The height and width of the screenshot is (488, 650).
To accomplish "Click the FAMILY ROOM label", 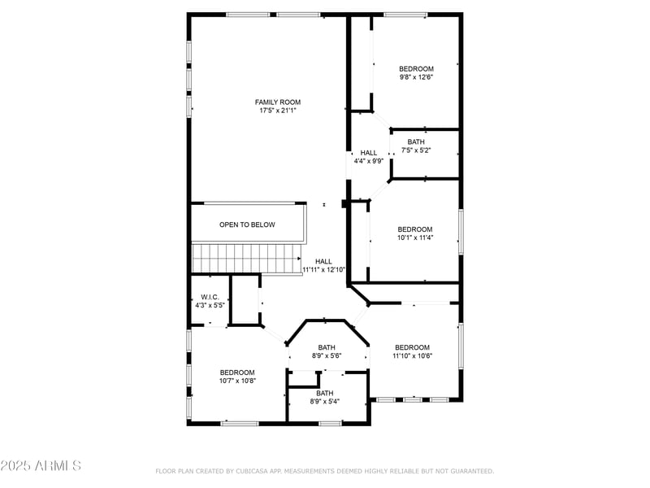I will point(278,102).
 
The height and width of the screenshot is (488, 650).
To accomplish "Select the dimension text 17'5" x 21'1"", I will point(278,111).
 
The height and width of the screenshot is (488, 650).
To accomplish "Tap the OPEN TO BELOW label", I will point(247,224).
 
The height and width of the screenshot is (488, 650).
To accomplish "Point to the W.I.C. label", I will point(210,297).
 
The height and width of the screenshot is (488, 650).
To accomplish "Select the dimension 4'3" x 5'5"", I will point(210,306).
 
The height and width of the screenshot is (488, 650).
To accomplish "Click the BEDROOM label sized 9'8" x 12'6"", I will point(416,68).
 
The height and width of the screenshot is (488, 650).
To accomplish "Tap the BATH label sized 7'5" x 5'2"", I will point(416,142).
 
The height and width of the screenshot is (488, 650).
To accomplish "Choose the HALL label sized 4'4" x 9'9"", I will point(369,152).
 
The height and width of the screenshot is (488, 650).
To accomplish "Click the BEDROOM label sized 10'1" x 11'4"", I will point(415,229).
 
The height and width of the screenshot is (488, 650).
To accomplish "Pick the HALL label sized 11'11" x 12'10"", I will point(323,261).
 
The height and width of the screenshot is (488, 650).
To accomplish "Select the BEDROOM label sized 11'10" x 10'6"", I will point(411,347).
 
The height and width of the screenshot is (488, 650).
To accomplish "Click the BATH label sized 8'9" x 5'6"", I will point(327,346).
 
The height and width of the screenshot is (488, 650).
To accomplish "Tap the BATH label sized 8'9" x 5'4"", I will point(325,393).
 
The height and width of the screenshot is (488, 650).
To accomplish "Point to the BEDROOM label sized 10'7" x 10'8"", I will point(237,372).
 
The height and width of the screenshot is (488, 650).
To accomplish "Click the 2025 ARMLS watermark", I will point(41,466).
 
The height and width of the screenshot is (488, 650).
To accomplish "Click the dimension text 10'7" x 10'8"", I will point(237,381).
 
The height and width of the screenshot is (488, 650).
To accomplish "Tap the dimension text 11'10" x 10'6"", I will point(411,356).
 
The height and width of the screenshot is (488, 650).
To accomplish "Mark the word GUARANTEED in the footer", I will point(470,471).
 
